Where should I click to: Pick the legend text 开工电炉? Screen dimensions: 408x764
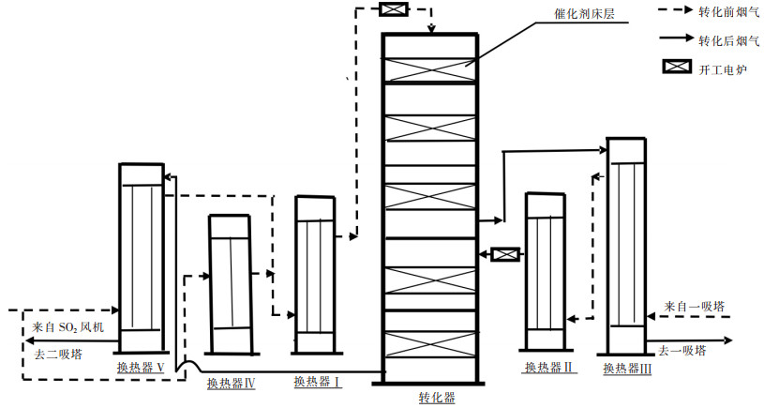click(717, 68)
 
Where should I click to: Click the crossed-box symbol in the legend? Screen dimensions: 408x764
click(676, 68)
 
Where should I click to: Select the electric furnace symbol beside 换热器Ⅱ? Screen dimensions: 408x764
click(505, 253)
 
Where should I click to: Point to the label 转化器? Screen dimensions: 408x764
click(437, 398)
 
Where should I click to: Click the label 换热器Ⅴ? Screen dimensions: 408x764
click(141, 367)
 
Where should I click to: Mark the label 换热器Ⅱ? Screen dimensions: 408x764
click(549, 367)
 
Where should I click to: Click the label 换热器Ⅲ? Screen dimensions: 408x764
click(626, 367)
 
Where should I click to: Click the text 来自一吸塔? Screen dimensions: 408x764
click(694, 307)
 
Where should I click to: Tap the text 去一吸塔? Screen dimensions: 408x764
click(682, 351)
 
